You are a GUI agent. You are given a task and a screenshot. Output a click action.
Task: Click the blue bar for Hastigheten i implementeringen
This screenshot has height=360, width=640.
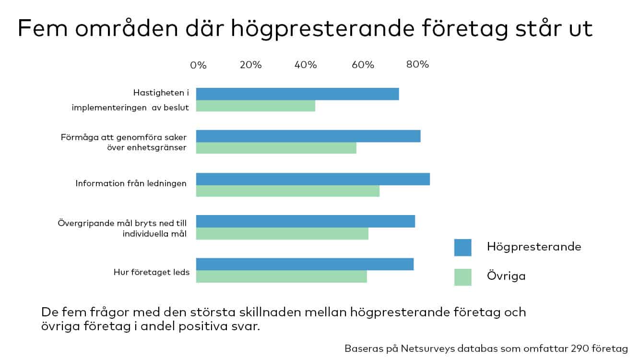[x=297, y=94]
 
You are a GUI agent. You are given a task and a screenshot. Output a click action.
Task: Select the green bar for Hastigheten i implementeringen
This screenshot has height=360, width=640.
[x=256, y=106]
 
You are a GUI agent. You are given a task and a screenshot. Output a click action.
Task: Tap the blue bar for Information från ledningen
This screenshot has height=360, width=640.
[x=313, y=179]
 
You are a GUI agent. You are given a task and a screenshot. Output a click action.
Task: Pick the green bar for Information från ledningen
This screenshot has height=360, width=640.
[x=288, y=191]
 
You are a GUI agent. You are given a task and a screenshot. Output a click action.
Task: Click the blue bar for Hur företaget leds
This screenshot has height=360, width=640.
[x=305, y=264]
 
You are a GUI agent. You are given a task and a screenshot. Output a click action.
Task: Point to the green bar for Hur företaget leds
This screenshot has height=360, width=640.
[x=282, y=276]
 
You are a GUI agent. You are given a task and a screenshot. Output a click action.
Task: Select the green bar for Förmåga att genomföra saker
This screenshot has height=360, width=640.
[x=276, y=148]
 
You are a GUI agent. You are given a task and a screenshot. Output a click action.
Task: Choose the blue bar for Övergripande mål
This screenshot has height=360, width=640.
[x=306, y=221]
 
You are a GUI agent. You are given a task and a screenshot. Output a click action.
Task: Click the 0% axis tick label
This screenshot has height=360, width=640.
[x=198, y=65]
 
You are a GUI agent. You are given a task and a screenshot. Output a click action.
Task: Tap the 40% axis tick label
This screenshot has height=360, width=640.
[x=306, y=65]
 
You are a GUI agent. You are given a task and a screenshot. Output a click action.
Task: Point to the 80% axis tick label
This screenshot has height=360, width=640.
[x=417, y=65]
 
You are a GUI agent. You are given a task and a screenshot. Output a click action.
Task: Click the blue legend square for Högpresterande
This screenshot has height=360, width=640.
[x=463, y=248]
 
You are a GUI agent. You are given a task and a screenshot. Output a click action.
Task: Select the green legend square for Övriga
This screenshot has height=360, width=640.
[x=463, y=277]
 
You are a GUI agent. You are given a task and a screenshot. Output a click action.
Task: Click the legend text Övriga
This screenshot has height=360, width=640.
[x=506, y=276]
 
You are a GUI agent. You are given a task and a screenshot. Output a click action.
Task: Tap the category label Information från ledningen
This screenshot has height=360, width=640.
[x=131, y=183]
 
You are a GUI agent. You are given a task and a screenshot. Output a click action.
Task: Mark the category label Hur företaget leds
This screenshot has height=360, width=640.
[x=152, y=272]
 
